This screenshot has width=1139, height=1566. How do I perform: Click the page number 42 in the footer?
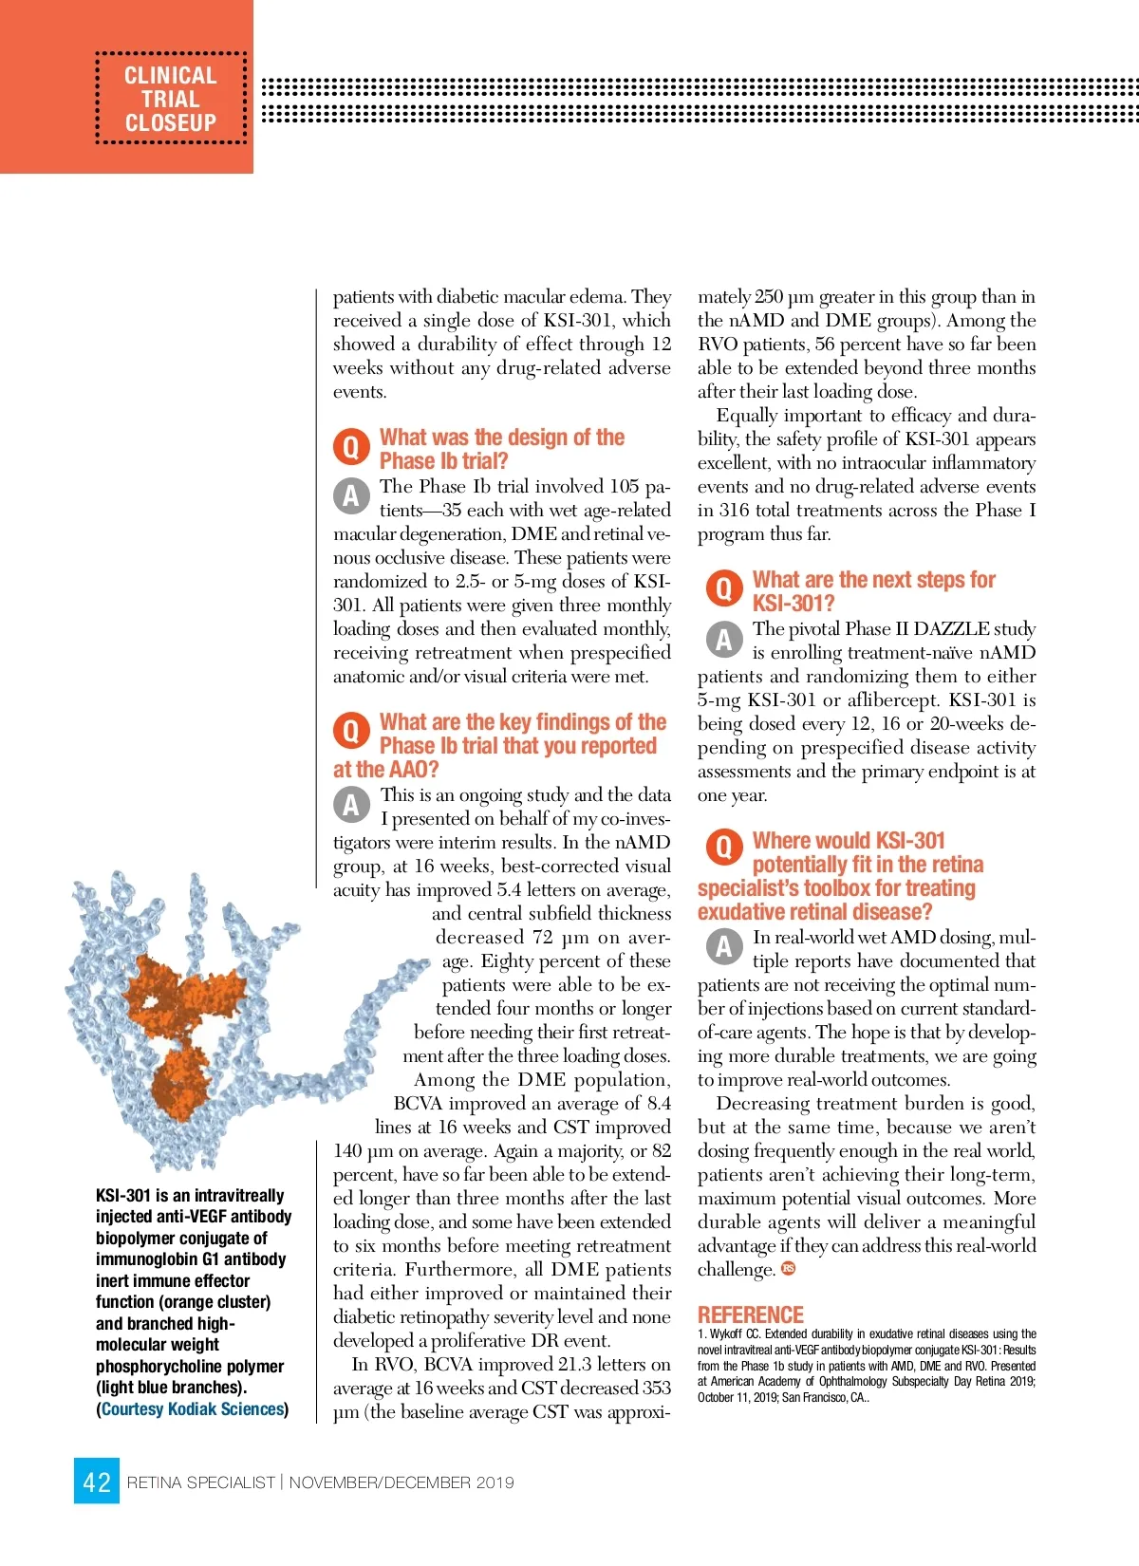(x=97, y=1482)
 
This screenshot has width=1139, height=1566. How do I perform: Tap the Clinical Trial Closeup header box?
(x=171, y=99)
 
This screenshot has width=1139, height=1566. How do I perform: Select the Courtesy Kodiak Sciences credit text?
(x=193, y=1409)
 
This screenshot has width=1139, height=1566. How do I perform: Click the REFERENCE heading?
(x=750, y=1314)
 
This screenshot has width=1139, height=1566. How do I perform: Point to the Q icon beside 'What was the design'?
(x=350, y=447)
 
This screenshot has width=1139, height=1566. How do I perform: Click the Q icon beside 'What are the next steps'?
(x=723, y=589)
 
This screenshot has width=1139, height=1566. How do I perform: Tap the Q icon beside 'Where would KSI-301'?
(x=723, y=847)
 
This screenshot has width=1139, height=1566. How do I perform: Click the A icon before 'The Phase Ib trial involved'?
(x=350, y=494)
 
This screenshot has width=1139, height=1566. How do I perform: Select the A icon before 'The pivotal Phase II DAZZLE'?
(x=723, y=639)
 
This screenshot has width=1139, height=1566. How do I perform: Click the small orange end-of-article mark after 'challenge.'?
(x=788, y=1269)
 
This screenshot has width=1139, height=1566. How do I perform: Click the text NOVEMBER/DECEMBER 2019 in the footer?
(x=401, y=1482)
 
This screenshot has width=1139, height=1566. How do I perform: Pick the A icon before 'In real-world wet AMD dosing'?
(x=723, y=945)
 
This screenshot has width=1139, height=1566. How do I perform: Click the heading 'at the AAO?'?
(x=385, y=770)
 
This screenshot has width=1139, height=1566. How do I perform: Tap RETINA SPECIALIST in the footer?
(x=200, y=1482)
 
